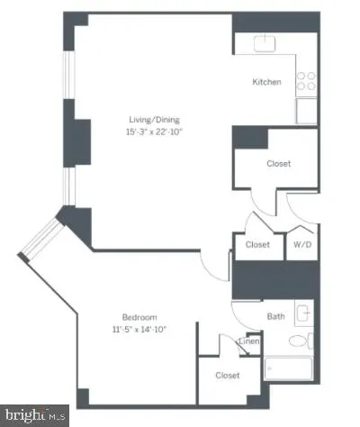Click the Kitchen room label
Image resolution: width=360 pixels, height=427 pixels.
pyautogui.click(x=266, y=82)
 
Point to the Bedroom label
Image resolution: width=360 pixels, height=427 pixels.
pyautogui.click(x=140, y=317)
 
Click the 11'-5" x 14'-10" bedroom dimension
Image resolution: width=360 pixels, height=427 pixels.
pyautogui.click(x=140, y=329)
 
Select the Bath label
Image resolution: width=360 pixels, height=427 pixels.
pyautogui.click(x=275, y=316)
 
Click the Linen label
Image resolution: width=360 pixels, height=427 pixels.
pyautogui.click(x=249, y=341)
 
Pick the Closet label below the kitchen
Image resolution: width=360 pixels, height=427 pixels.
pyautogui.click(x=278, y=164)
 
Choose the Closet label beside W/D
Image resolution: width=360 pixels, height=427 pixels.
pyautogui.click(x=258, y=244)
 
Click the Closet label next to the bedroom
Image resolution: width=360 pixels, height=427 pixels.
pyautogui.click(x=227, y=375)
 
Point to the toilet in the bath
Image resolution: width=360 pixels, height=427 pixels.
pyautogui.click(x=298, y=343)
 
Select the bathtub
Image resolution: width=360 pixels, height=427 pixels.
pyautogui.click(x=288, y=369)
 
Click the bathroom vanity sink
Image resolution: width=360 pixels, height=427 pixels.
pyautogui.click(x=304, y=314)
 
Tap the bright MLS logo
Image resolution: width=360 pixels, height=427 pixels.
pyautogui.click(x=34, y=415)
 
